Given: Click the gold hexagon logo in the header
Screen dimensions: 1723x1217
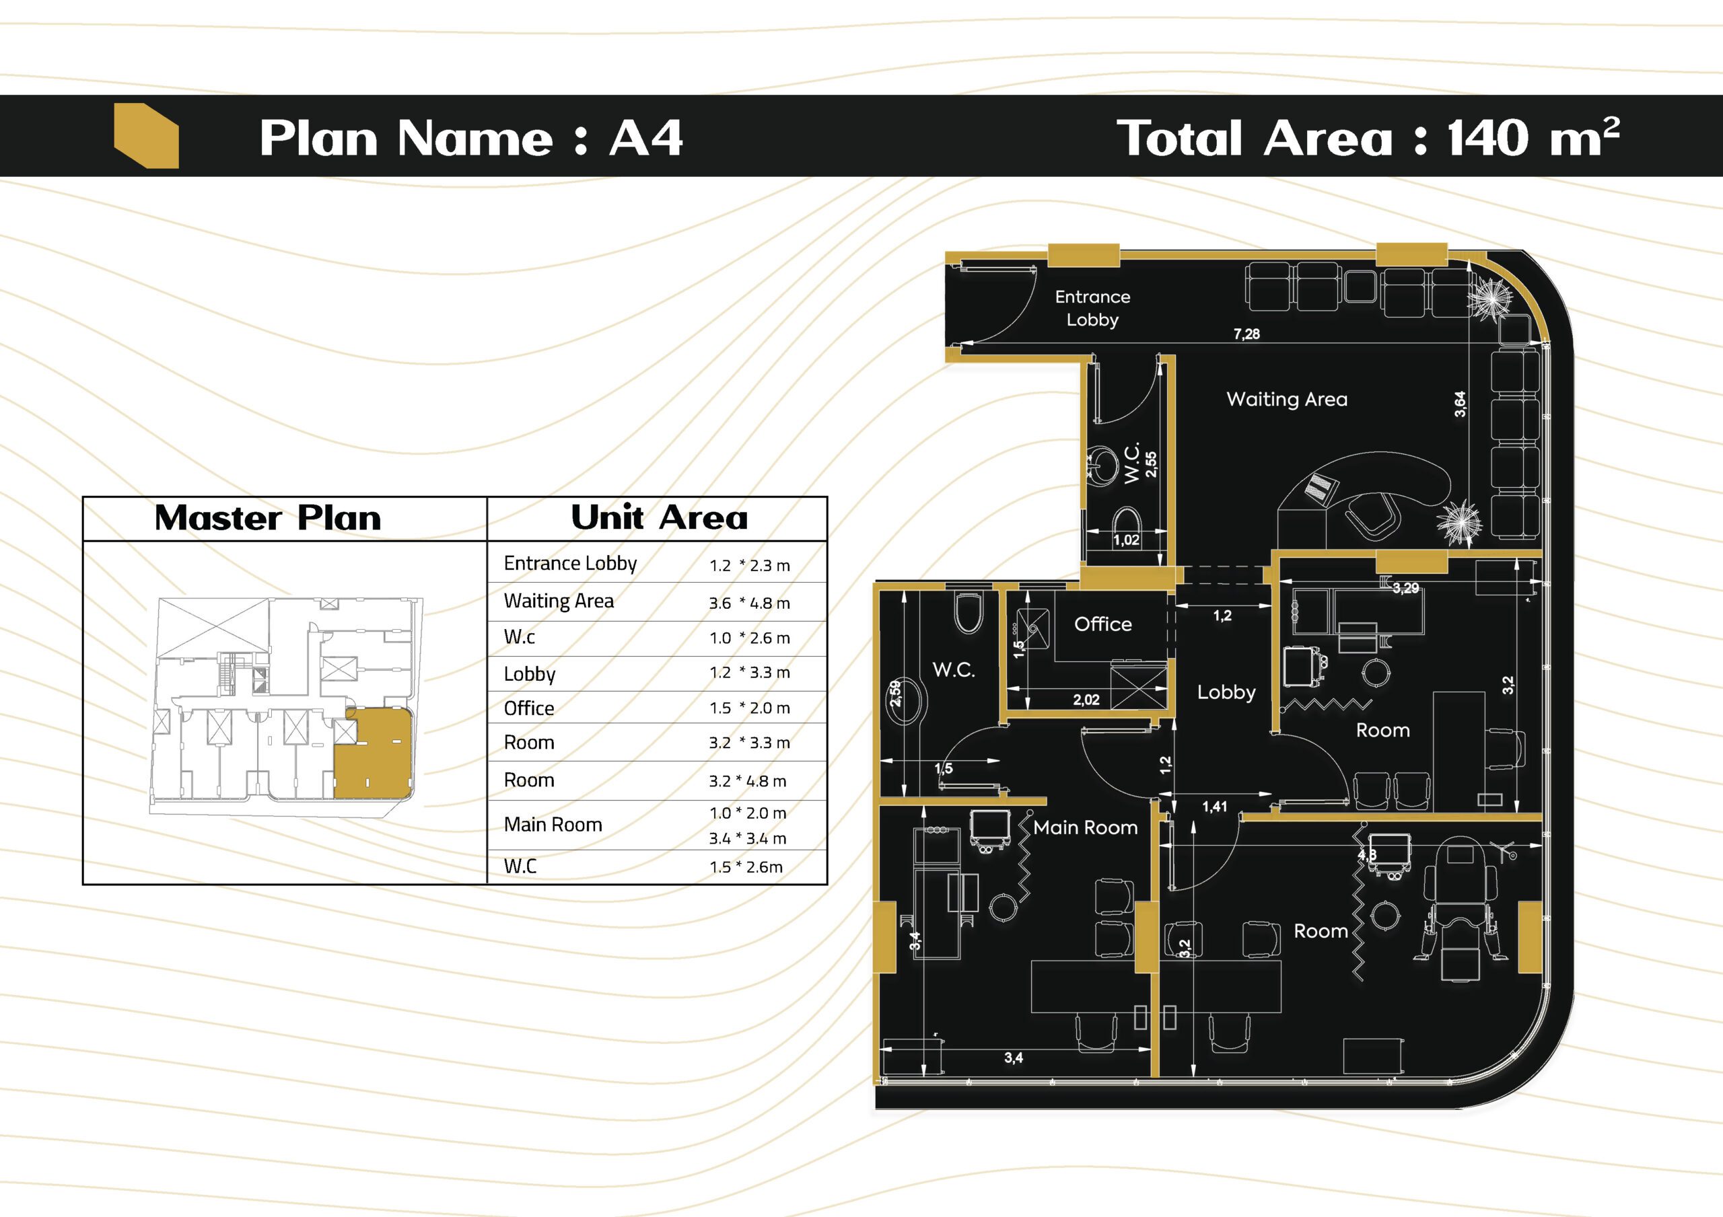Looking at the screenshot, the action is coord(146,136).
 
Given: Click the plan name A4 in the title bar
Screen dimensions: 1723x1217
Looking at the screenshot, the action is coord(645,138).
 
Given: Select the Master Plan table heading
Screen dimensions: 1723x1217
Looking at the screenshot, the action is coord(268,519).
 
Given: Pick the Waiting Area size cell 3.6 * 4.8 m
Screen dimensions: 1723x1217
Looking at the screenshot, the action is coord(749,603).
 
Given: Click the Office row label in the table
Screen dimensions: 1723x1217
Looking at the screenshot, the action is coord(529,708).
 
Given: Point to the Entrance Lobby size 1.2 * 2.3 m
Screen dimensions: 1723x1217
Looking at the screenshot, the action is coord(750,566).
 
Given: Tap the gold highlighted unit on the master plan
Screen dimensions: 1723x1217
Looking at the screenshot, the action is coord(373,753).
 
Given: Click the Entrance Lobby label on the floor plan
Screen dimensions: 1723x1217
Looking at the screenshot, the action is coord(1092,308).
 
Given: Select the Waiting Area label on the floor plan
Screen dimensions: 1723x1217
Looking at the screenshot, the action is coord(1287,399).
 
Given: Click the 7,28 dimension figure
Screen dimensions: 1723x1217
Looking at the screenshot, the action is coord(1246,334).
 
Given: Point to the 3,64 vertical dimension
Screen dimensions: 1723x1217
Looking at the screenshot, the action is coord(1460,404).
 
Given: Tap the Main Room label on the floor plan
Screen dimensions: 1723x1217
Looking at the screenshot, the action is coord(1085,827).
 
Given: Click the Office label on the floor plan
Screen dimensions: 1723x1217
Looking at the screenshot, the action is coord(1102,624).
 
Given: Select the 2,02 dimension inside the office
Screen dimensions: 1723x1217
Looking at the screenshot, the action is coord(1086,700).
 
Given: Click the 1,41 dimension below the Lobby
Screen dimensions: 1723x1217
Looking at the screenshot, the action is coord(1214,807).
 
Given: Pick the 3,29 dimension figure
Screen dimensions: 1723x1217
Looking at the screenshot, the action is coord(1405,588).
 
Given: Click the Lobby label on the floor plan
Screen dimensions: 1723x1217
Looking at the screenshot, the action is coord(1226,692).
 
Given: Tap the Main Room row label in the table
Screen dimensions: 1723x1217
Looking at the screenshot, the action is coord(553,825).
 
